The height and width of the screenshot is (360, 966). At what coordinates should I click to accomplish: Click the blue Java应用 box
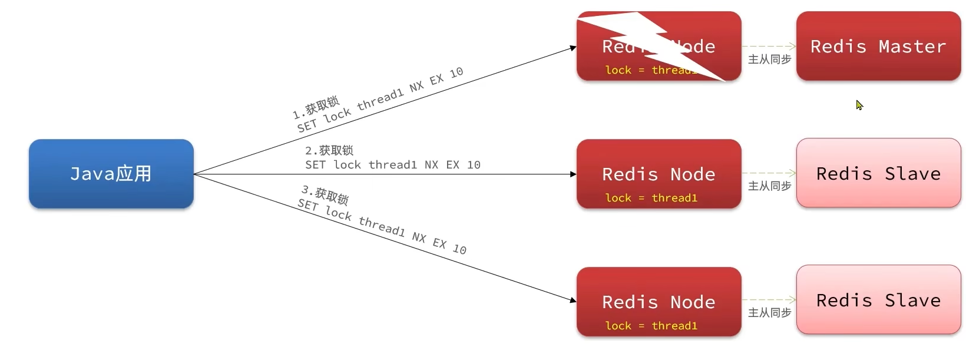pyautogui.click(x=111, y=174)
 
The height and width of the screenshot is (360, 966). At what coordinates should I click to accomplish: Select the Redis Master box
pyautogui.click(x=878, y=46)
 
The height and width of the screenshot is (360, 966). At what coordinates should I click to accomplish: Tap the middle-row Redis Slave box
pyautogui.click(x=878, y=173)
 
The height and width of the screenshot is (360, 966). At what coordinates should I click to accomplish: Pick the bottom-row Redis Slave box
pyautogui.click(x=878, y=300)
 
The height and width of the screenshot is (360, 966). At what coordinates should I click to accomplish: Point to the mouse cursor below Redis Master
pyautogui.click(x=859, y=105)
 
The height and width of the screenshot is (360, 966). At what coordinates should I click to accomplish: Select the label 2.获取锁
pyautogui.click(x=329, y=151)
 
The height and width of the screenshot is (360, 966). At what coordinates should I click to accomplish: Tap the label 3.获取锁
pyautogui.click(x=325, y=194)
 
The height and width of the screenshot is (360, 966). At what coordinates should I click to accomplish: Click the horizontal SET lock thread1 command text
pyautogui.click(x=392, y=165)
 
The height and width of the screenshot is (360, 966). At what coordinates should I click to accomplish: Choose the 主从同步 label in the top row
pyautogui.click(x=769, y=60)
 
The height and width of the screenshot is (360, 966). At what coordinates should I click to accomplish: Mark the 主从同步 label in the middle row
pyautogui.click(x=769, y=186)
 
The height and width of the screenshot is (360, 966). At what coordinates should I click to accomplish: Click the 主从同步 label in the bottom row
pyautogui.click(x=769, y=313)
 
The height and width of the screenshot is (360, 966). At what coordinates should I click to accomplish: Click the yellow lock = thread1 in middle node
pyautogui.click(x=651, y=198)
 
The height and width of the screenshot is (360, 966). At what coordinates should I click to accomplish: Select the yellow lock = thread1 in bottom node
pyautogui.click(x=651, y=326)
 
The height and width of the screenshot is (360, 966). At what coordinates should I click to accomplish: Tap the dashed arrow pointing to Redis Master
pyautogui.click(x=769, y=46)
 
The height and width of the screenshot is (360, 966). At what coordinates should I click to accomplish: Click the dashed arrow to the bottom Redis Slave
pyautogui.click(x=769, y=300)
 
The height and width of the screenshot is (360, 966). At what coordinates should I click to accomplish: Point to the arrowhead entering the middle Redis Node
pyautogui.click(x=573, y=174)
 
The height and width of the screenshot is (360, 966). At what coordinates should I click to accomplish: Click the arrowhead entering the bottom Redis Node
pyautogui.click(x=573, y=300)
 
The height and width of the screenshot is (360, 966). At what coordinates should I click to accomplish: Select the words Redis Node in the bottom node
pyautogui.click(x=659, y=302)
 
